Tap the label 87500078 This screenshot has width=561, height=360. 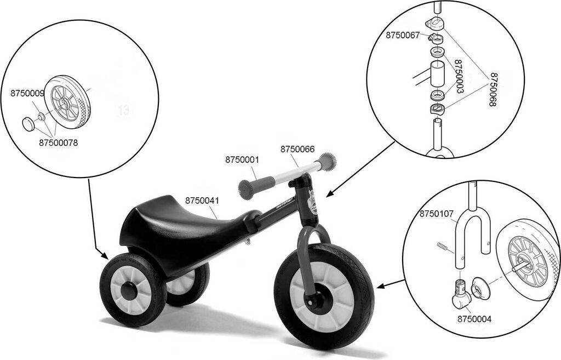pyautogui.click(x=58, y=143)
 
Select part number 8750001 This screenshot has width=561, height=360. pyautogui.click(x=242, y=160)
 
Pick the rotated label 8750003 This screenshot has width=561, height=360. pyautogui.click(x=459, y=76)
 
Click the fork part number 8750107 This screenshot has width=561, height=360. pyautogui.click(x=437, y=213)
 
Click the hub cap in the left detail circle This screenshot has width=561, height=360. pyautogui.click(x=28, y=124)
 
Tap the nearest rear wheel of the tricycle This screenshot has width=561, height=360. pyautogui.click(x=132, y=290)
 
